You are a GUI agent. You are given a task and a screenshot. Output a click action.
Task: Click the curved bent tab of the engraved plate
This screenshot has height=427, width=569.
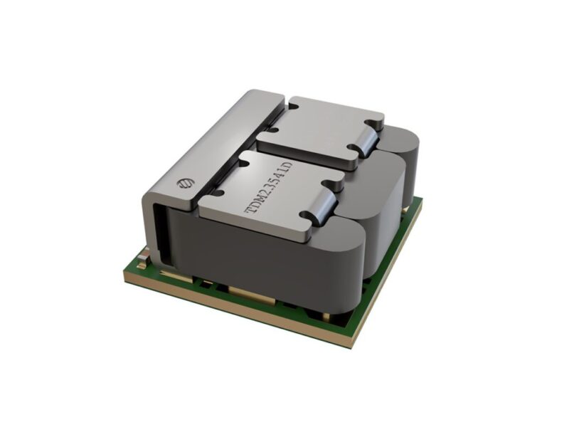click(x=322, y=206)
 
